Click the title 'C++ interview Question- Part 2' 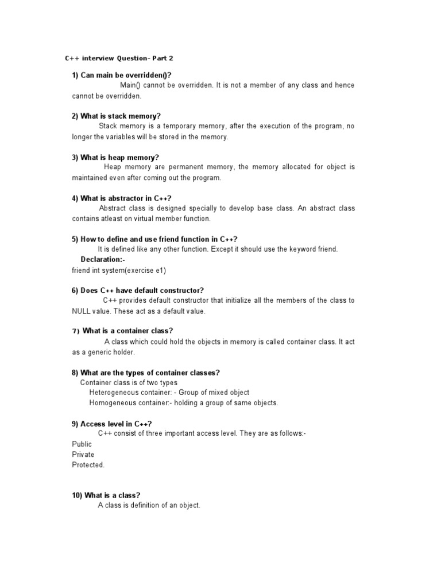click(115, 58)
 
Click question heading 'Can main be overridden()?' click(122, 76)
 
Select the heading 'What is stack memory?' click(116, 116)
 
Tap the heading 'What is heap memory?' click(115, 158)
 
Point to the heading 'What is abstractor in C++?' click(122, 198)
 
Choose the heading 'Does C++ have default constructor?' click(138, 291)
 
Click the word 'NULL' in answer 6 click(81, 311)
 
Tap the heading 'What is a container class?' click(127, 331)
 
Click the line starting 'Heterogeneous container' click(169, 393)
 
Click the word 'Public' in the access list click(82, 444)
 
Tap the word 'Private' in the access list click(83, 455)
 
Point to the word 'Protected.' click(88, 465)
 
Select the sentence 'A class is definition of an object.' click(149, 506)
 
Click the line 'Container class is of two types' click(129, 382)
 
